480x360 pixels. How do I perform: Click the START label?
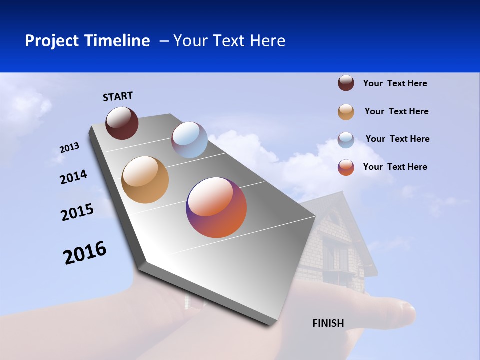click(118, 96)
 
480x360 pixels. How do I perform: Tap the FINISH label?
click(328, 323)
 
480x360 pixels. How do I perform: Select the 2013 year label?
click(69, 148)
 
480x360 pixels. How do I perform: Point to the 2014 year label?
click(73, 177)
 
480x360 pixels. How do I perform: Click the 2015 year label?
click(77, 212)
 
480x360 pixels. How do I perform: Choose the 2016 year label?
click(85, 253)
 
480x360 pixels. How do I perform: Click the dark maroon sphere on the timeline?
click(122, 123)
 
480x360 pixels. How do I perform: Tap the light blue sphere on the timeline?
click(189, 140)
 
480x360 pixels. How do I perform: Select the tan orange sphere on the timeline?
click(145, 180)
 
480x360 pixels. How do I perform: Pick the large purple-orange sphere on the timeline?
click(216, 207)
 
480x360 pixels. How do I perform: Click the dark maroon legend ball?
click(346, 83)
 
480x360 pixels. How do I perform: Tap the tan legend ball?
click(346, 112)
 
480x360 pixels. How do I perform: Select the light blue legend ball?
click(346, 140)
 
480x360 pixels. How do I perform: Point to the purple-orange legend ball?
click(346, 167)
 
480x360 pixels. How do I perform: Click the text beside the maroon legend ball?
click(395, 83)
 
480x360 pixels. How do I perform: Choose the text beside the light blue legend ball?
click(397, 139)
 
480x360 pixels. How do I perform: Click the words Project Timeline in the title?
click(87, 41)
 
